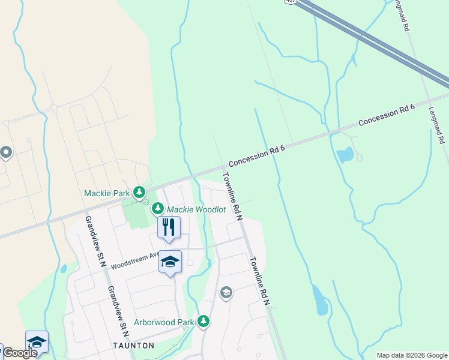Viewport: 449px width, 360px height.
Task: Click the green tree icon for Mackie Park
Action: click(x=139, y=193)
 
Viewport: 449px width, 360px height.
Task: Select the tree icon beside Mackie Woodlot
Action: click(x=158, y=209)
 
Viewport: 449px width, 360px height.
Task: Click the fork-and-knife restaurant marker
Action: click(x=169, y=227)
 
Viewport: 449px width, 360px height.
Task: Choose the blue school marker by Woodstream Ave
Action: click(x=170, y=262)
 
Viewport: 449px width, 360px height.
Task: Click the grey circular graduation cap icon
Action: click(x=226, y=293)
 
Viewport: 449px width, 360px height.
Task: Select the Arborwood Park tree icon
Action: click(x=204, y=322)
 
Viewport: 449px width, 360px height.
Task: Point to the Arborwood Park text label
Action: click(x=164, y=322)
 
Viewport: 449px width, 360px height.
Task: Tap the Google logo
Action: click(x=20, y=353)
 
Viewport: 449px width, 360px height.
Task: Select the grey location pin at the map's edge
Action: click(x=6, y=153)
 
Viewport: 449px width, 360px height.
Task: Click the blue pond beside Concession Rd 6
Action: click(x=345, y=155)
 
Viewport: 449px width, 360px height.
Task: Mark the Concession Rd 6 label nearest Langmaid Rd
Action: click(x=387, y=115)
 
